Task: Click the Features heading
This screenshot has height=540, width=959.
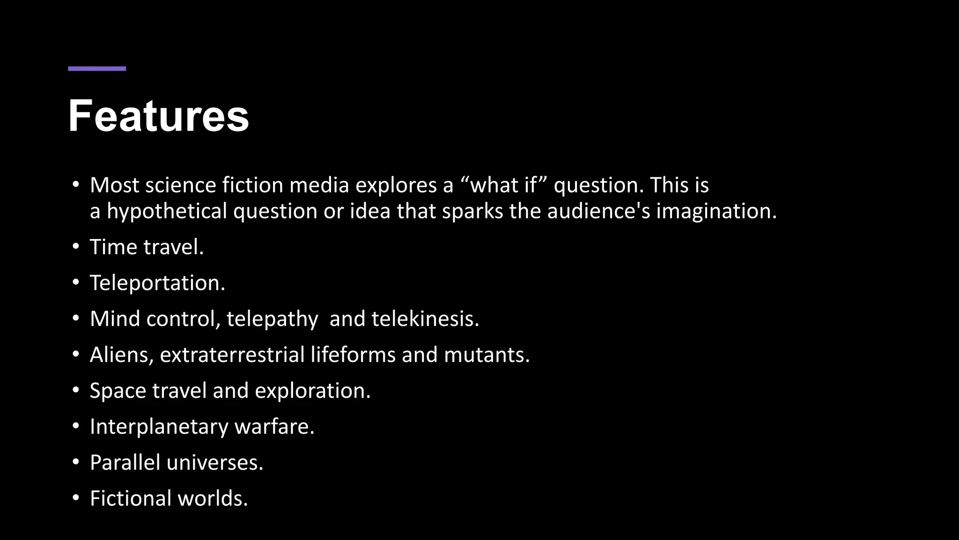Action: [158, 116]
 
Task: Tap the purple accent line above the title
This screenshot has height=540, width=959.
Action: [97, 69]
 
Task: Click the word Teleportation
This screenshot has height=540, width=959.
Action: [157, 283]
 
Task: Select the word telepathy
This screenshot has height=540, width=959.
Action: [272, 319]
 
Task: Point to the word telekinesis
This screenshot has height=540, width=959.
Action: [425, 319]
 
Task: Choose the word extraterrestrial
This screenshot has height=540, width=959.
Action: [232, 355]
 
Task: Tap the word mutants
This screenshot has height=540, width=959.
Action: [487, 355]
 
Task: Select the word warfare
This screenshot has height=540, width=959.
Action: [274, 427]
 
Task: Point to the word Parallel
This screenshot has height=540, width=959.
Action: [125, 463]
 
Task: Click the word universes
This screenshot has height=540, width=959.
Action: [215, 463]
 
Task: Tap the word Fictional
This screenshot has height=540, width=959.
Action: [131, 498]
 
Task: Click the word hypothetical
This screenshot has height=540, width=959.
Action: [167, 211]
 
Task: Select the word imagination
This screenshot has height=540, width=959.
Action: [716, 211]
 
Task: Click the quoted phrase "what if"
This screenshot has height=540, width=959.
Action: [504, 185]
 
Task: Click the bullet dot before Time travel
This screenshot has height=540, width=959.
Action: [76, 247]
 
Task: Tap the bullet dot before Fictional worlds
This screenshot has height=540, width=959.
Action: [76, 498]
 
